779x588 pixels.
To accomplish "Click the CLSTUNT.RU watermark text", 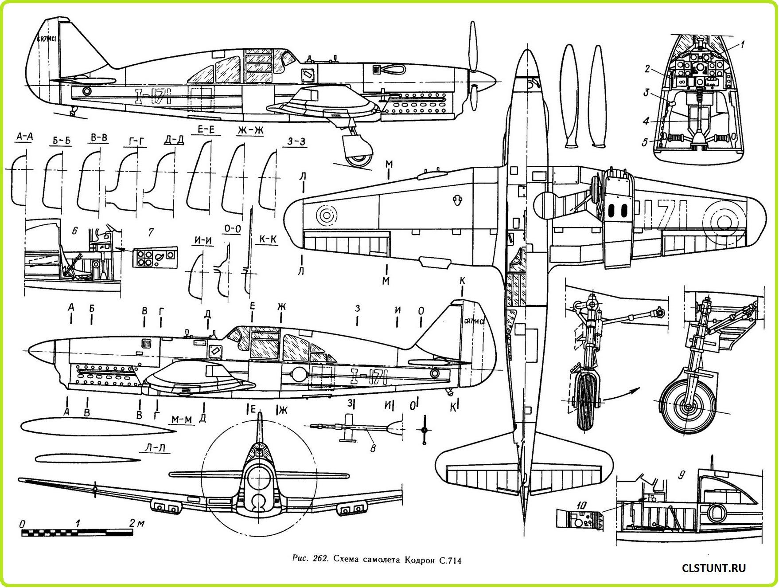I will (714, 568).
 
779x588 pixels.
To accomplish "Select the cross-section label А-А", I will (24, 137).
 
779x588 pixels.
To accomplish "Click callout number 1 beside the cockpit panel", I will (743, 44).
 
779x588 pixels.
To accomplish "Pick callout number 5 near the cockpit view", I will (646, 142).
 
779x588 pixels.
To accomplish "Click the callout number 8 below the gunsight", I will (373, 448).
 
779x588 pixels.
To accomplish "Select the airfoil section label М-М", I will (182, 419).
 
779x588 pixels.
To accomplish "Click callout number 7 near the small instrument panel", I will (151, 232).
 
